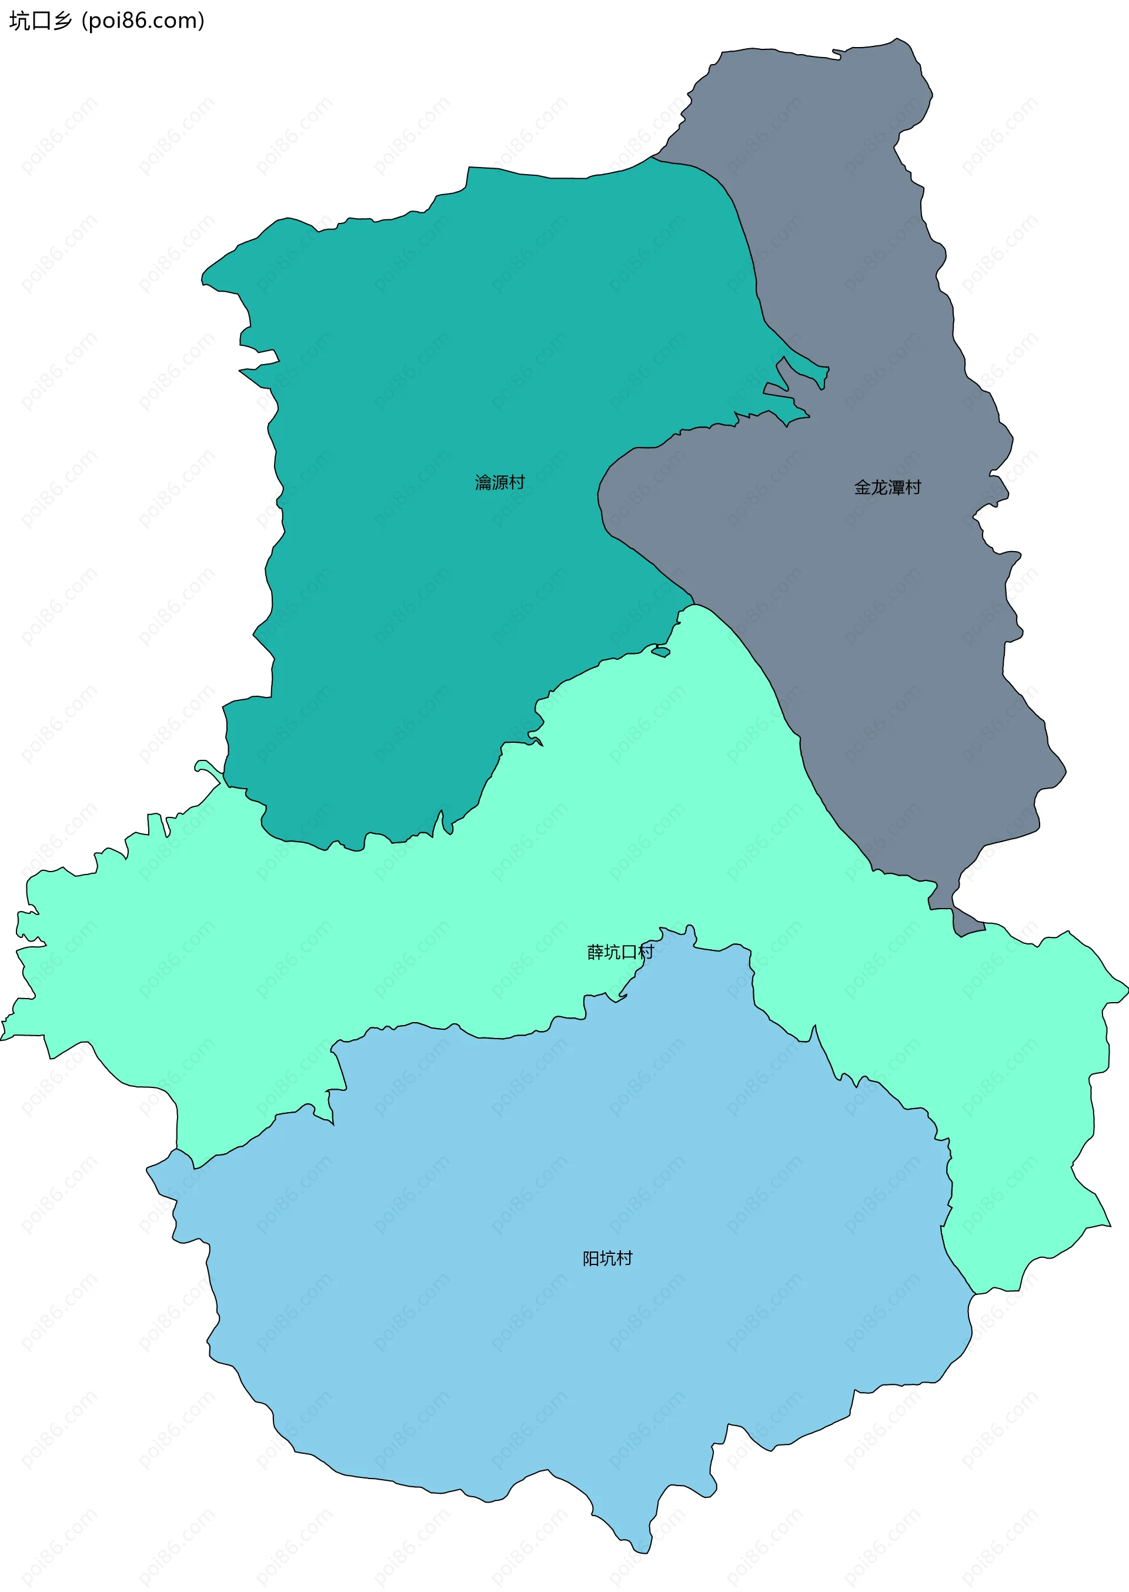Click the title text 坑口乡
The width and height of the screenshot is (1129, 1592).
pyautogui.click(x=41, y=21)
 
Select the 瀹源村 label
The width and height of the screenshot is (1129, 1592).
pyautogui.click(x=499, y=482)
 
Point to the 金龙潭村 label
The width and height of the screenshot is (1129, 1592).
pyautogui.click(x=887, y=488)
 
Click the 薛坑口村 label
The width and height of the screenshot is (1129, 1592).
pyautogui.click(x=620, y=952)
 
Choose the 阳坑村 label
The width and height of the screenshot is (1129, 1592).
pyautogui.click(x=607, y=1259)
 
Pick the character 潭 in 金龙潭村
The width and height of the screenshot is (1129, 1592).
pyautogui.click(x=896, y=488)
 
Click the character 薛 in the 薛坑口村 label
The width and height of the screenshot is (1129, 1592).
pyautogui.click(x=595, y=952)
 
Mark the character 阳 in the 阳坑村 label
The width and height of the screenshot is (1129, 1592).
pyautogui.click(x=591, y=1259)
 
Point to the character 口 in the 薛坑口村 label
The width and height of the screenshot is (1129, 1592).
pyautogui.click(x=629, y=952)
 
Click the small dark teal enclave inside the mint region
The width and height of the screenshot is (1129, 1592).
pyautogui.click(x=661, y=652)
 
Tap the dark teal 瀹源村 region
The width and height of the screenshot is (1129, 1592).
pyautogui.click(x=417, y=417)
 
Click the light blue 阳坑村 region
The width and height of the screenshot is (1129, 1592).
pyautogui.click(x=556, y=1356)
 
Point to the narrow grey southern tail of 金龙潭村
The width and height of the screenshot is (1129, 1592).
pyautogui.click(x=966, y=921)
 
